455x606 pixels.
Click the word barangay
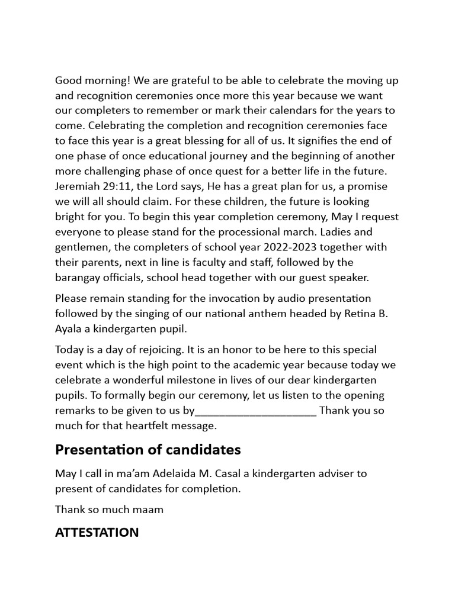(x=79, y=278)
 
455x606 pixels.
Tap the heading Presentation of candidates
(x=148, y=450)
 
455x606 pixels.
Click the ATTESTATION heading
(x=97, y=532)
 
